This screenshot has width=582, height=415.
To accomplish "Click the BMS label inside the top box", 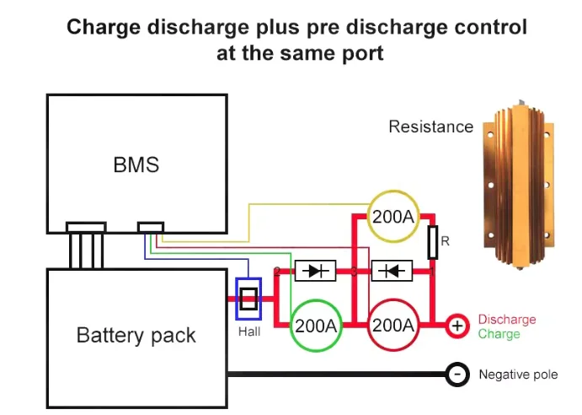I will click(x=136, y=164).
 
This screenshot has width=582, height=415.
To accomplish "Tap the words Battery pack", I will click(x=136, y=335).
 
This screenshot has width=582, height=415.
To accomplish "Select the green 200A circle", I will click(x=317, y=326).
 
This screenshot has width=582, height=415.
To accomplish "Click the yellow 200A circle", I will click(x=393, y=217).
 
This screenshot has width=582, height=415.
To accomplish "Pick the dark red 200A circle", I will click(x=392, y=326).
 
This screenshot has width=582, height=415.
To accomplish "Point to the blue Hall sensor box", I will click(x=248, y=299).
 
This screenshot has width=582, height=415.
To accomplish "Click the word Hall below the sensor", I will click(x=248, y=331).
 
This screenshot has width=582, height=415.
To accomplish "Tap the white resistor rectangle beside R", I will click(x=432, y=242).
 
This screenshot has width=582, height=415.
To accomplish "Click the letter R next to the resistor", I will click(x=446, y=241).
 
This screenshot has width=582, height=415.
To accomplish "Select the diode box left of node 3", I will click(x=316, y=271).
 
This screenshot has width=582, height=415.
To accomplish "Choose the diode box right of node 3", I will click(x=392, y=271).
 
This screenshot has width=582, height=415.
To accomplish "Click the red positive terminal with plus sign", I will click(x=457, y=326).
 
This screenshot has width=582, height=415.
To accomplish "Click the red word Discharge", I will click(x=506, y=320).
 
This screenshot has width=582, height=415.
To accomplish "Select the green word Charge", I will click(x=499, y=334).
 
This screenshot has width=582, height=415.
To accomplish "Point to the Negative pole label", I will click(x=518, y=375).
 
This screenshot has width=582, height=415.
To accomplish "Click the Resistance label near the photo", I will click(x=430, y=127).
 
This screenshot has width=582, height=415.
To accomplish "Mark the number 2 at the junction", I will click(x=276, y=271).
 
